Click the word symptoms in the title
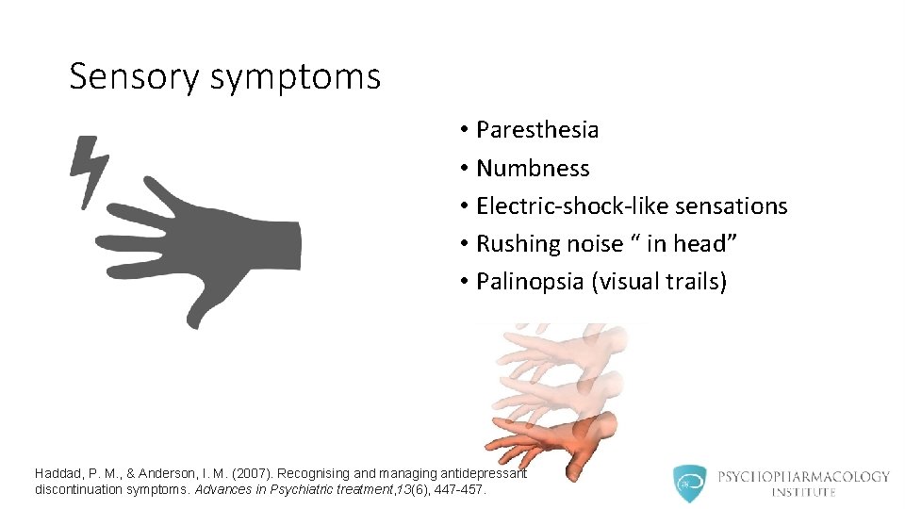(295, 77)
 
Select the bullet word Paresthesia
(537, 130)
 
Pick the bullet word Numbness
(533, 169)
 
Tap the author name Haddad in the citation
(60, 473)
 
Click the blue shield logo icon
(689, 483)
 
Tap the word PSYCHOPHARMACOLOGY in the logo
(803, 476)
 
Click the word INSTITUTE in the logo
(803, 493)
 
